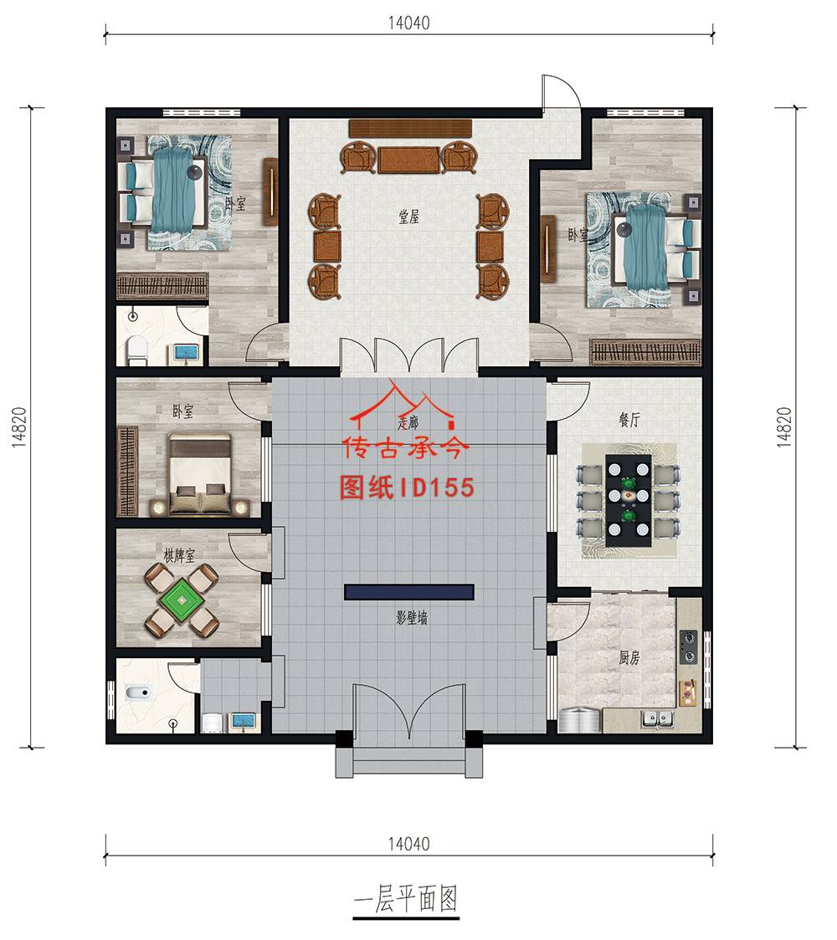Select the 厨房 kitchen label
tap(629, 658)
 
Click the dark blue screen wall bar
tap(409, 592)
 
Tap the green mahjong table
tap(182, 599)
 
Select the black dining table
tap(628, 500)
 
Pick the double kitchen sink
tap(658, 717)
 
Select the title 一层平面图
tap(406, 901)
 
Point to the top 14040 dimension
tap(408, 23)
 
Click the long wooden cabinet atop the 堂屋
tap(411, 127)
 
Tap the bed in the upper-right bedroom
tap(654, 246)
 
